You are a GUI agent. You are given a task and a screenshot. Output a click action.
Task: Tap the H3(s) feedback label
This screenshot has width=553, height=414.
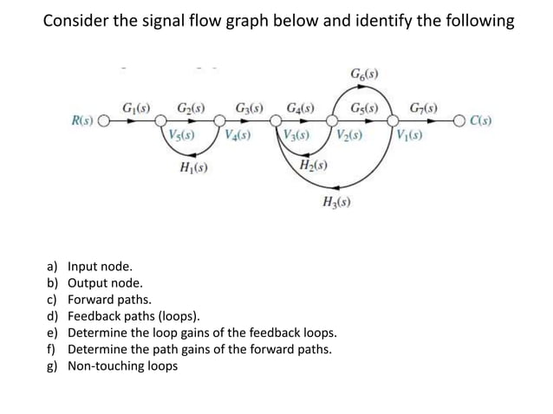(337, 204)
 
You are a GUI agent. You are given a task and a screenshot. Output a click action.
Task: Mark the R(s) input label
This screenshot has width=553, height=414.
(83, 120)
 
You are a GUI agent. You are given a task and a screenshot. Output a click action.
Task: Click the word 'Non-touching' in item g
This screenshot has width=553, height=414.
(107, 365)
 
